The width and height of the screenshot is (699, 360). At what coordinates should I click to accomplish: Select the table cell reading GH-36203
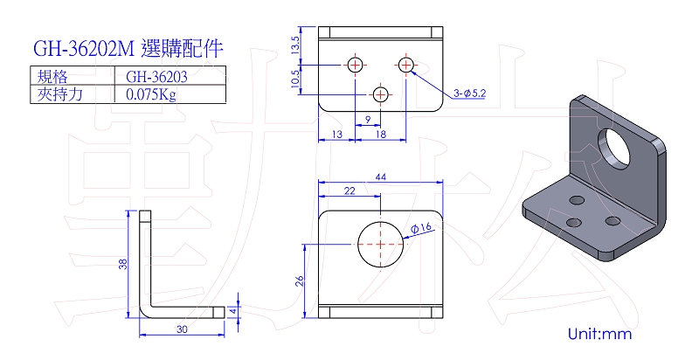pos(157,76)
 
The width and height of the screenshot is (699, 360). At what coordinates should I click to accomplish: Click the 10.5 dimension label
pos(296,79)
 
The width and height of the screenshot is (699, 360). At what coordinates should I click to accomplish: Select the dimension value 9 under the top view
pos(368,119)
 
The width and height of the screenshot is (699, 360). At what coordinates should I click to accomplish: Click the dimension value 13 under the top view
pos(337,135)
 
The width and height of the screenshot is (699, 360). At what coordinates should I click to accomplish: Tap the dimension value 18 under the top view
pos(380,135)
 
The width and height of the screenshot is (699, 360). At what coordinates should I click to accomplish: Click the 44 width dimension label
pos(381,177)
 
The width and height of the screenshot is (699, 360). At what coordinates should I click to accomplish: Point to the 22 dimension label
pos(349,189)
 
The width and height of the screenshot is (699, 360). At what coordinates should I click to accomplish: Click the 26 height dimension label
pos(300,280)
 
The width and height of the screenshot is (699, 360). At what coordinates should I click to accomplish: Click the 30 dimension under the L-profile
pos(182,329)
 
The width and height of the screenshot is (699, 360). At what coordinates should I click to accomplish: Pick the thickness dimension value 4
pos(233,309)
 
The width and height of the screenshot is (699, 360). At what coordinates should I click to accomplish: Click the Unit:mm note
pos(599,335)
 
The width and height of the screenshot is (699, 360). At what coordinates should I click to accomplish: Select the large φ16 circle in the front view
pos(382,244)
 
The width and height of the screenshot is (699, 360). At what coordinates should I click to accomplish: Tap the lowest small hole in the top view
pos(381,93)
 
